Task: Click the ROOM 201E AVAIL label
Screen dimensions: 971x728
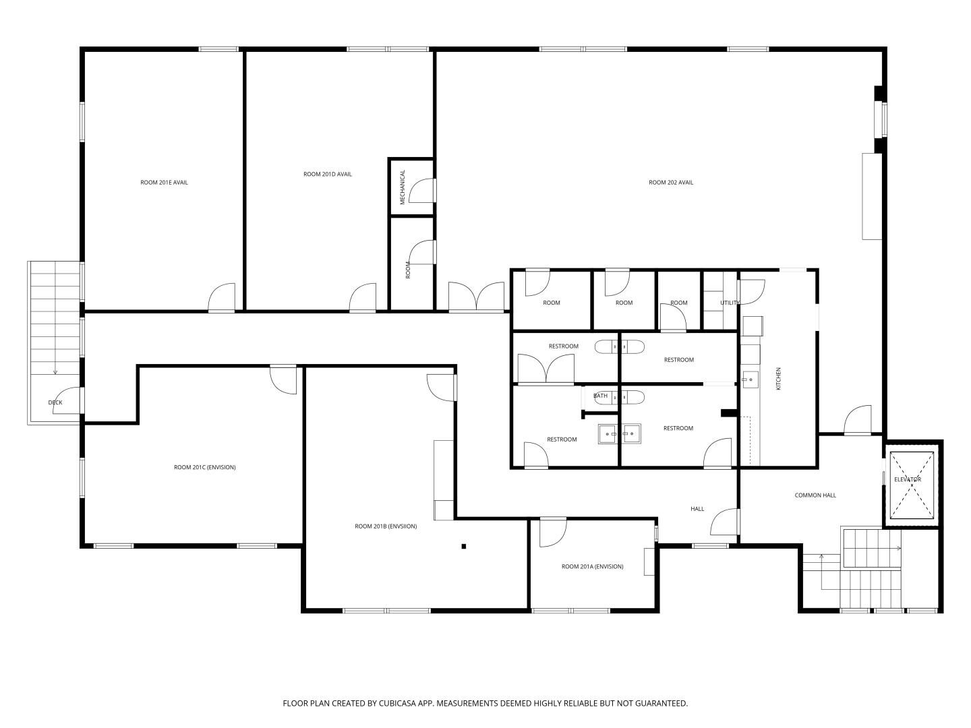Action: tap(164, 182)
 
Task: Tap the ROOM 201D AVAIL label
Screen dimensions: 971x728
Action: tap(327, 174)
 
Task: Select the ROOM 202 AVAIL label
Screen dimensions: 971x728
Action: tap(671, 182)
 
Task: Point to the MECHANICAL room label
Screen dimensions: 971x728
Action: tap(403, 187)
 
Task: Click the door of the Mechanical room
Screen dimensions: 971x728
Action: tap(422, 191)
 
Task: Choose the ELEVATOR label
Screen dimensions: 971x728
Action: tap(908, 479)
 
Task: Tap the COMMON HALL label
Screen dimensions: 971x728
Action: tap(815, 495)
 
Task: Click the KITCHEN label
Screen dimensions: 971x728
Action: tap(779, 378)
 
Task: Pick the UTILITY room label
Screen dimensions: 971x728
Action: tap(730, 303)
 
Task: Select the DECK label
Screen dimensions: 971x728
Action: tap(55, 402)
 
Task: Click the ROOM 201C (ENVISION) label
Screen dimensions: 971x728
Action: tap(205, 467)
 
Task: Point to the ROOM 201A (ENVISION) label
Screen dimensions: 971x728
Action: tap(592, 566)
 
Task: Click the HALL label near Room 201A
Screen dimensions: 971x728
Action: tap(697, 509)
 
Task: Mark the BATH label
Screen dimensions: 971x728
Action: tap(600, 396)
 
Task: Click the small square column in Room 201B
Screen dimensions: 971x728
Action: tap(464, 546)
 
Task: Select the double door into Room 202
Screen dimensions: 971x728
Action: tap(476, 296)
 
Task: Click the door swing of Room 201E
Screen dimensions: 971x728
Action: tap(222, 297)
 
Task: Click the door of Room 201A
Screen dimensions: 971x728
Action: tap(553, 533)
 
